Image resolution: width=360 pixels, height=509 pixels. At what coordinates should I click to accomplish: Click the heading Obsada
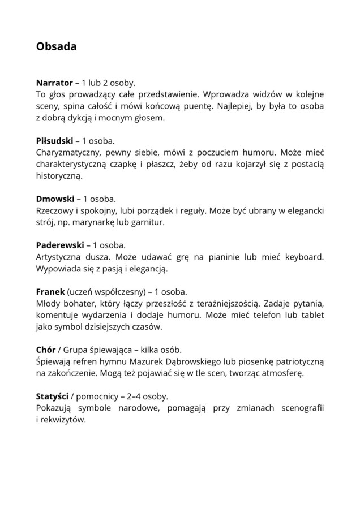tap(56, 46)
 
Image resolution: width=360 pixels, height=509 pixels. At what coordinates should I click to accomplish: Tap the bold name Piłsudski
tap(54, 140)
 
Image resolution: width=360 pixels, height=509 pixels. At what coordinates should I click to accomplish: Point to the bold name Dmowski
tap(55, 199)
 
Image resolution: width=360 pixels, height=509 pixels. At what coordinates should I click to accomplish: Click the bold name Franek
tap(50, 292)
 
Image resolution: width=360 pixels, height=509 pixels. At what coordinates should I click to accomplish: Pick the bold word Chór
tap(45, 350)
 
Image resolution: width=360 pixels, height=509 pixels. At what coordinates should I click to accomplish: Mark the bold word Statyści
tap(52, 396)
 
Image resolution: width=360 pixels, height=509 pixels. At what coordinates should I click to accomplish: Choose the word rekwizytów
tap(63, 420)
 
